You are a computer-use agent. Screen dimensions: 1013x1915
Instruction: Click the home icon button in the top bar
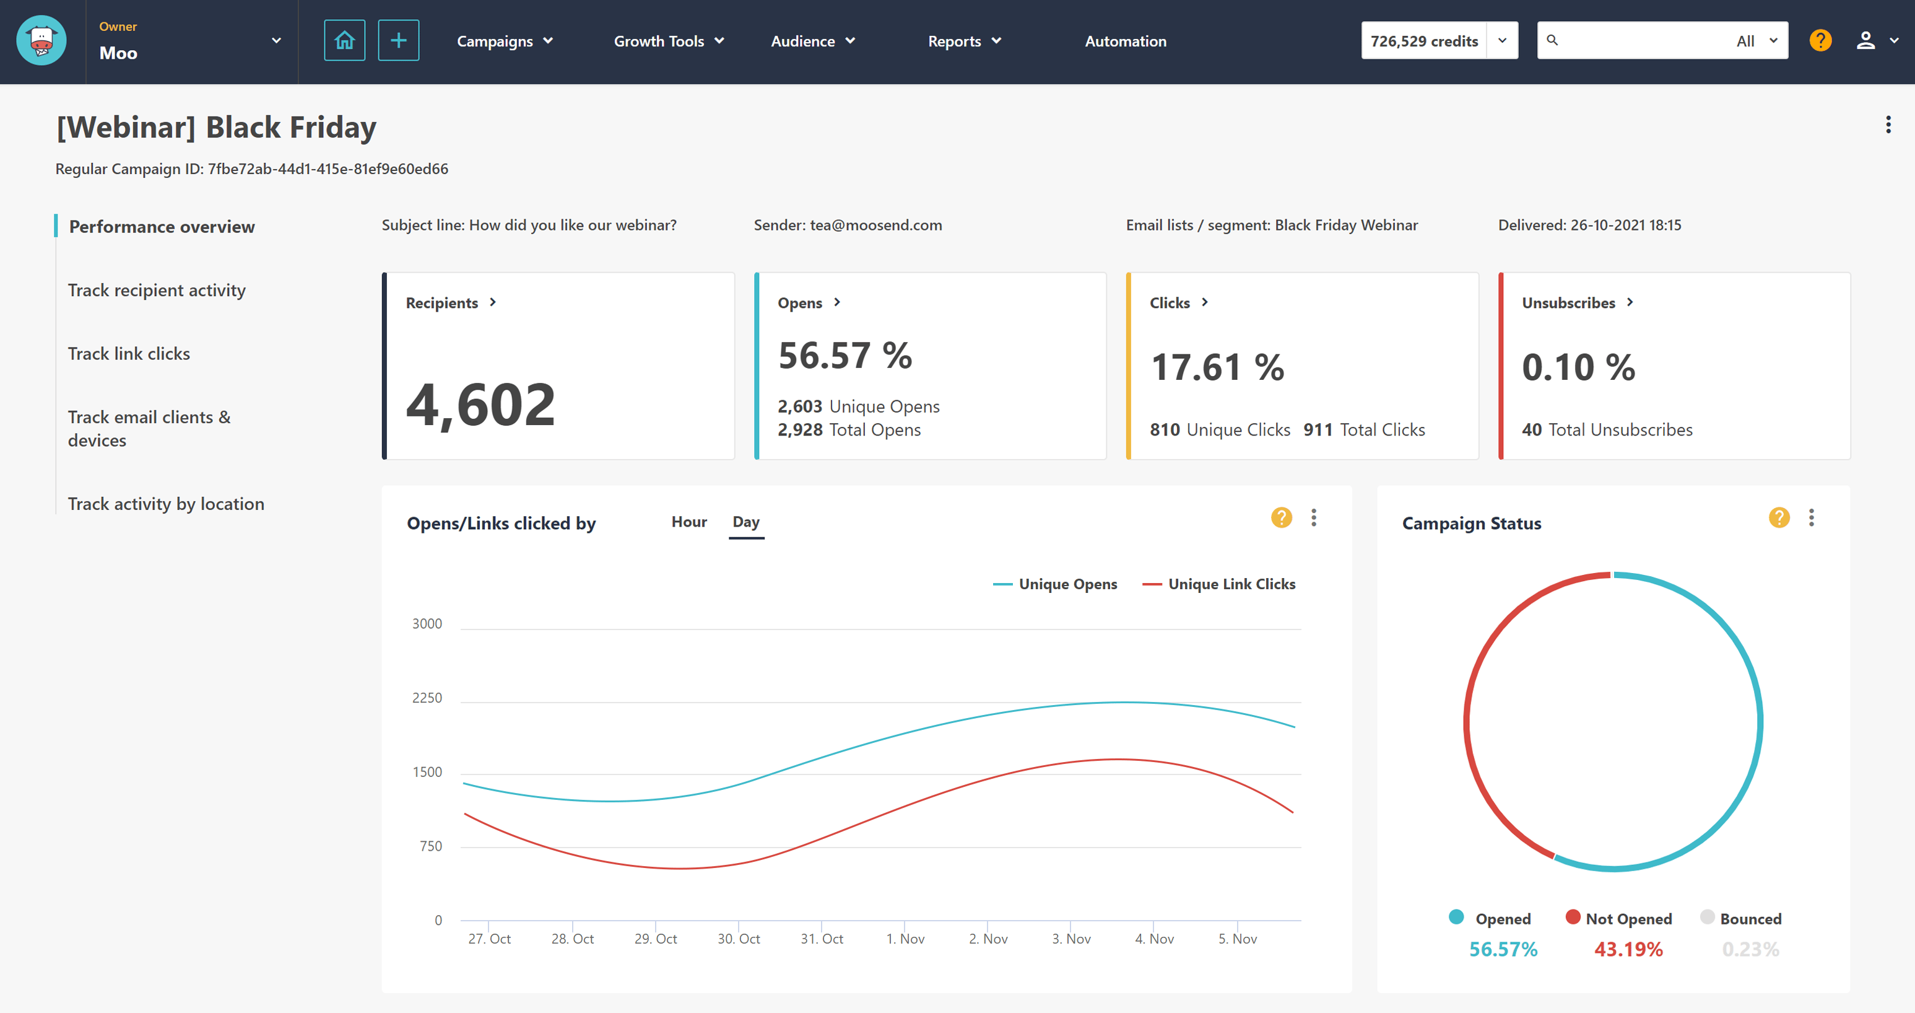click(x=344, y=40)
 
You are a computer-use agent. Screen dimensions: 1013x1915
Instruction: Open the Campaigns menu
click(x=504, y=41)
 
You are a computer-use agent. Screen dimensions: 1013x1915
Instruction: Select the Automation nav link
click(x=1125, y=41)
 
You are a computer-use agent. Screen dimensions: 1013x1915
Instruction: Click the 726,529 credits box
click(x=1423, y=41)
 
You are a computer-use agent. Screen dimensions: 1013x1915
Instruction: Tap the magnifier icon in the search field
click(x=1552, y=40)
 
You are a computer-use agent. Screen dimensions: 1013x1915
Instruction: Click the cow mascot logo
click(x=41, y=41)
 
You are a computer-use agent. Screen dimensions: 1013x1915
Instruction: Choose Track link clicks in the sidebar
click(x=129, y=353)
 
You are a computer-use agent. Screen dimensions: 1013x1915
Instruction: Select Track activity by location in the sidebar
click(x=166, y=504)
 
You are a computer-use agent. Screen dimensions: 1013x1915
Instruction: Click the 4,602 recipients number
click(x=480, y=405)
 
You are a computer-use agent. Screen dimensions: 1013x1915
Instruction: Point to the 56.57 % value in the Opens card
click(x=845, y=356)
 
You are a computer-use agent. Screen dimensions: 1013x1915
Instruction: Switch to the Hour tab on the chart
click(x=688, y=522)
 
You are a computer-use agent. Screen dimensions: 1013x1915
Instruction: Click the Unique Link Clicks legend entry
click(x=1230, y=584)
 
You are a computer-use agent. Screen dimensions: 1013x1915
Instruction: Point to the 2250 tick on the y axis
click(x=427, y=698)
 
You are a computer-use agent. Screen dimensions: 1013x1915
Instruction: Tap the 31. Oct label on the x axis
click(x=822, y=939)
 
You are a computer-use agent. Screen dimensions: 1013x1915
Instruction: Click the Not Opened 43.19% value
click(x=1627, y=949)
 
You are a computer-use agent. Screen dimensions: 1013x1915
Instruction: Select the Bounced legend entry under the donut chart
click(x=1749, y=919)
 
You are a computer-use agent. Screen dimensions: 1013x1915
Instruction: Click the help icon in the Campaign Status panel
click(x=1778, y=518)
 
